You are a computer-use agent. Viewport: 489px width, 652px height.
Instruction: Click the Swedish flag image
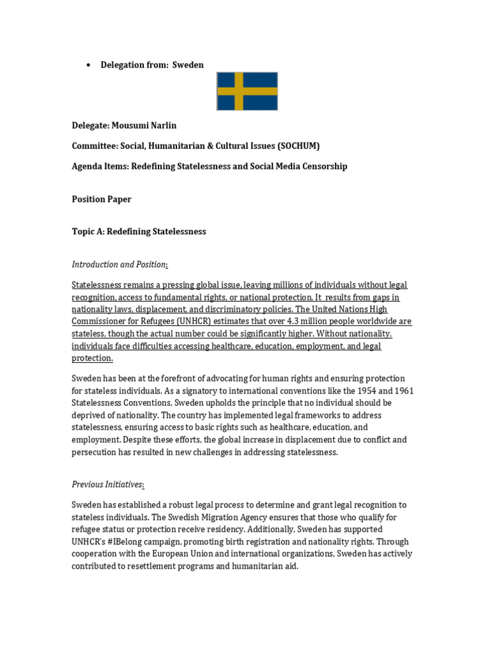coord(247,91)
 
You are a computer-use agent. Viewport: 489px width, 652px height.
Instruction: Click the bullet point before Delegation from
coord(89,65)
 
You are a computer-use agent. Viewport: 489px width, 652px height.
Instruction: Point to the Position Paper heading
coord(102,199)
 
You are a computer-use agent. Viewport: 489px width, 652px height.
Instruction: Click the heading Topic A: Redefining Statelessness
coord(139,232)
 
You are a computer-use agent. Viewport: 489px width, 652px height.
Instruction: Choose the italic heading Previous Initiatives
coord(107,485)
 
